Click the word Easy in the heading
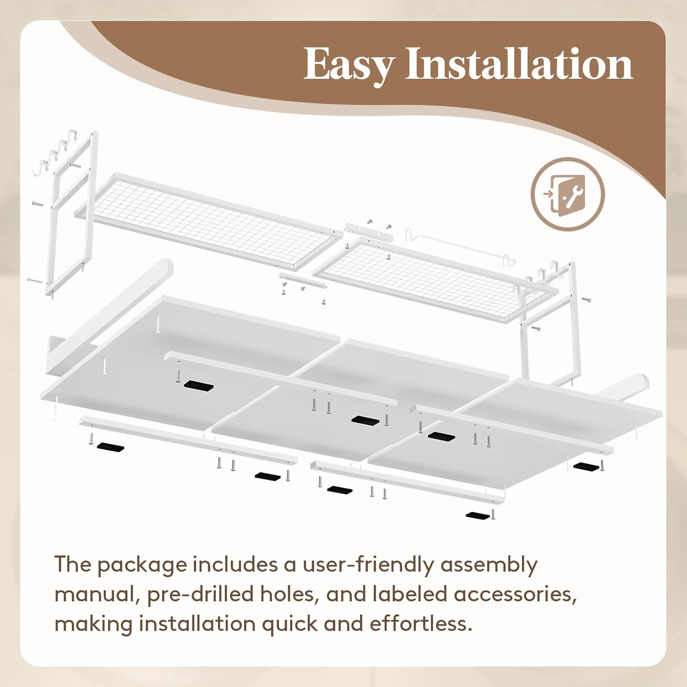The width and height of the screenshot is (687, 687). pyautogui.click(x=348, y=65)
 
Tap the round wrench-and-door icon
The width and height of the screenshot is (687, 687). pyautogui.click(x=567, y=194)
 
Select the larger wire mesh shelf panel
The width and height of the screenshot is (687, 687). pyautogui.click(x=208, y=220)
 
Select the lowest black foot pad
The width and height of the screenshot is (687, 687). pyautogui.click(x=478, y=515)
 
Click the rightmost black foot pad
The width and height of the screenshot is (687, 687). pyautogui.click(x=586, y=467)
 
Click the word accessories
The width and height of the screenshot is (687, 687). pyautogui.click(x=515, y=594)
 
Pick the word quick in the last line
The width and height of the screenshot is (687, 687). pyautogui.click(x=287, y=624)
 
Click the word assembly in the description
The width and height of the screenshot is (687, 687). pyautogui.click(x=489, y=565)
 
